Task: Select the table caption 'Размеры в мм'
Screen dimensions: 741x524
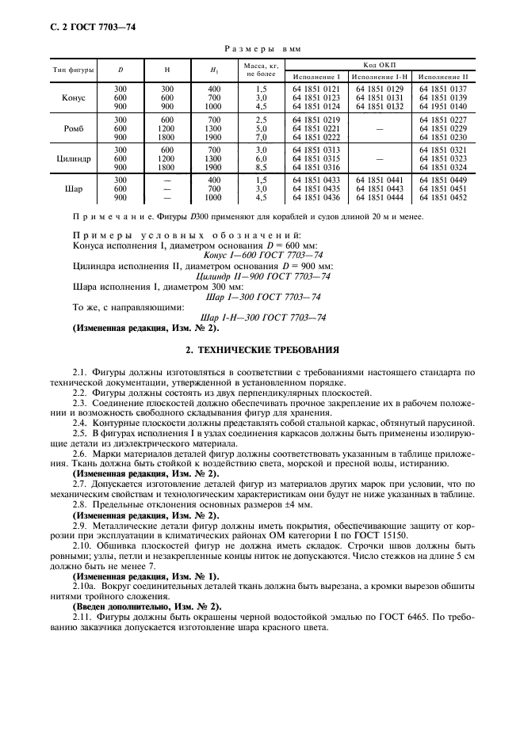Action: (261, 48)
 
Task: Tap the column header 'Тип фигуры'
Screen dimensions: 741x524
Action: (73, 70)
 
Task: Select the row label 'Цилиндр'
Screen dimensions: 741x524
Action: (73, 158)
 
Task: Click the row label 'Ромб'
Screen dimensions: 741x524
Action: (73, 128)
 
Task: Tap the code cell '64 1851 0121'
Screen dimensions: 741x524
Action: (316, 89)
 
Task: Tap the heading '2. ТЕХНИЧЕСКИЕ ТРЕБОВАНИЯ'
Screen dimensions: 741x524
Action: (262, 348)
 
